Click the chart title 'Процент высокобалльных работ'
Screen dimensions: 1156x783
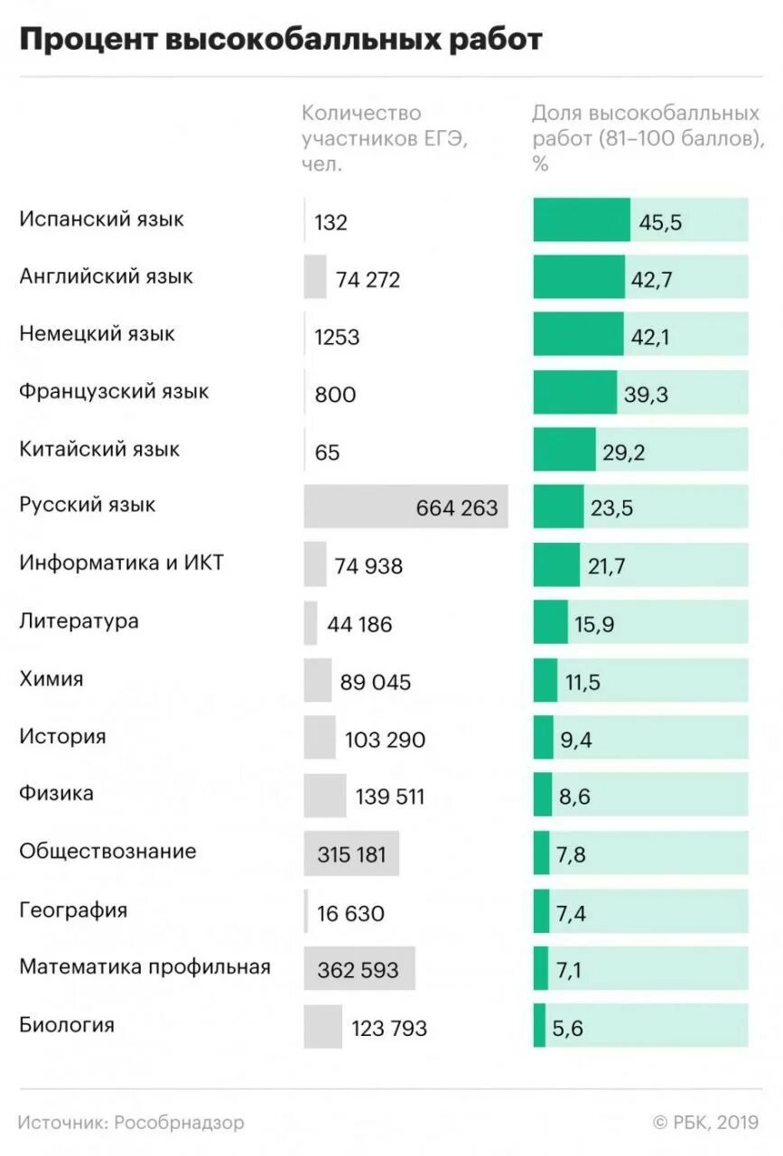pyautogui.click(x=281, y=41)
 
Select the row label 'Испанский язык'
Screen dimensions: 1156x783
pyautogui.click(x=101, y=219)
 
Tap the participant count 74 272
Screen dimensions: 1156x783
pyautogui.click(x=368, y=280)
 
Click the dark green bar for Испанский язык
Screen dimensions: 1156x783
pyautogui.click(x=581, y=220)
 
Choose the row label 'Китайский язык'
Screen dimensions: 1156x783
pyautogui.click(x=99, y=449)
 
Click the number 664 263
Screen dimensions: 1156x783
pyautogui.click(x=457, y=508)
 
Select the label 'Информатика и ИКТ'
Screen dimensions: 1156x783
pyautogui.click(x=121, y=564)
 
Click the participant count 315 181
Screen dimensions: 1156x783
pyautogui.click(x=351, y=854)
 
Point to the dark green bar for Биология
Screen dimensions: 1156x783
pyautogui.click(x=539, y=1025)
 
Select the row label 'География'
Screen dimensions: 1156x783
pyautogui.click(x=73, y=909)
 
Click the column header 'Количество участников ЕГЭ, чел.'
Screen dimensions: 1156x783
pyautogui.click(x=384, y=138)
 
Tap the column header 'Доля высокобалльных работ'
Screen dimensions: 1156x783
pyautogui.click(x=646, y=138)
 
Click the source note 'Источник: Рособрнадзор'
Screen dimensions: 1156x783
pyautogui.click(x=131, y=1123)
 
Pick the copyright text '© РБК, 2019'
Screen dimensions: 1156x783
pyautogui.click(x=705, y=1123)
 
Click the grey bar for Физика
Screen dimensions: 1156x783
pyautogui.click(x=324, y=796)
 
